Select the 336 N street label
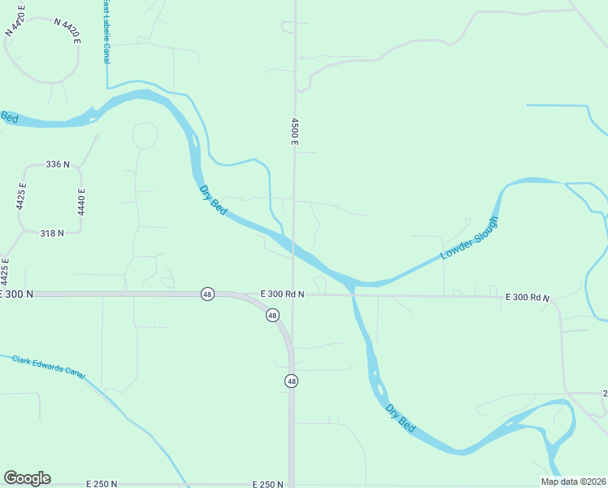coord(58,164)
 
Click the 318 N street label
coord(52,233)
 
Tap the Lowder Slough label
coord(468,239)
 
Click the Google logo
coord(27,478)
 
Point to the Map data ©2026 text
coord(572,481)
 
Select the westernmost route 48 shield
coord(207,294)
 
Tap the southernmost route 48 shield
coord(291,381)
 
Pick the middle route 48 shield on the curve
coord(271,315)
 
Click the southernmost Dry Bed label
coord(401,418)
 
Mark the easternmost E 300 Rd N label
coord(528,298)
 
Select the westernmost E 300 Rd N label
coord(282,294)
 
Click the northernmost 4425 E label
coord(22,197)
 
